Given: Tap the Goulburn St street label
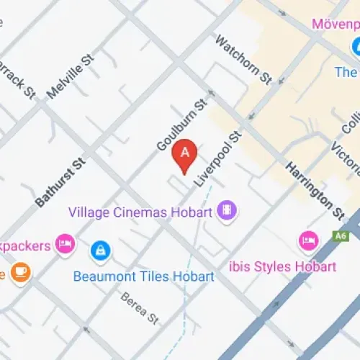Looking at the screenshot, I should coord(181,125).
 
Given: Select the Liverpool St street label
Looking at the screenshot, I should coord(218,159).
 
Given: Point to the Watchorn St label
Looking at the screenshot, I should coord(243,58).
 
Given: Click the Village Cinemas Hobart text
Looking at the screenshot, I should coord(140,212).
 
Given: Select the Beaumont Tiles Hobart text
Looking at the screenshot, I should coord(144,276).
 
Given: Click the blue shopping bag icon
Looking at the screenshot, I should coord(99,251).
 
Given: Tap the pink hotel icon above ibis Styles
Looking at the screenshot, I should coord(308,241).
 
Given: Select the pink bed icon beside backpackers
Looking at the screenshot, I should coord(66,243).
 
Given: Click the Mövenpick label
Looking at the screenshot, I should coord(335,24).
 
